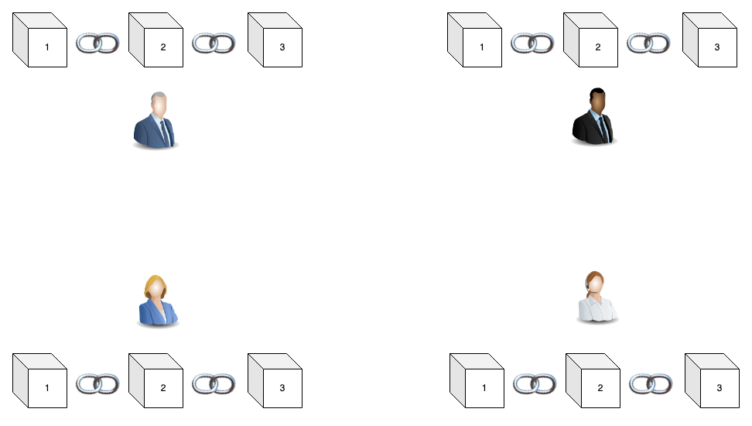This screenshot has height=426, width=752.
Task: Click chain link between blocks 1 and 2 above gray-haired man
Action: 97,43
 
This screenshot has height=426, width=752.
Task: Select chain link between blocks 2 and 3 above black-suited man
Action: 648,43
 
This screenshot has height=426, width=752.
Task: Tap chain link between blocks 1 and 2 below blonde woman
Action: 97,383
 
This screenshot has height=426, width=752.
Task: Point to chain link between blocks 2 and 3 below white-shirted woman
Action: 651,383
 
